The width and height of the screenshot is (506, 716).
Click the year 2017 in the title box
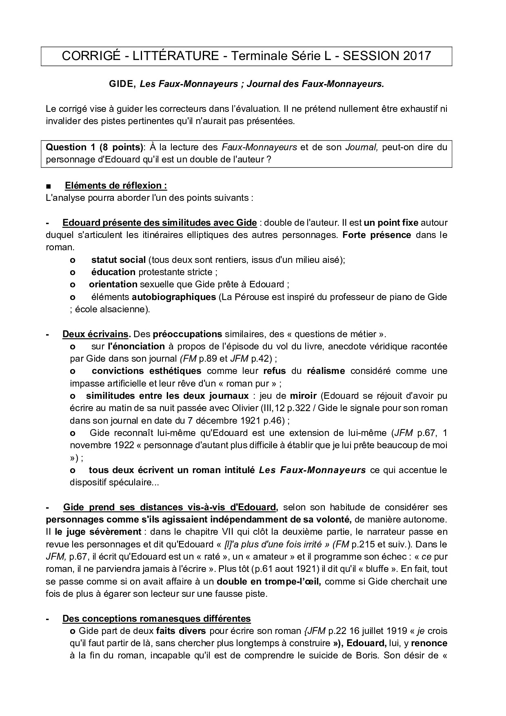[x=417, y=56]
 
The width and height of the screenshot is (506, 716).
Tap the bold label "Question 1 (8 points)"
[x=95, y=147]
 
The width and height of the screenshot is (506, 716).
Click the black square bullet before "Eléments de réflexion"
[x=49, y=186]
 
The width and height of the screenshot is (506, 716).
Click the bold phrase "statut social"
[x=118, y=260]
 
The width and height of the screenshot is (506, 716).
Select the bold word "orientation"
[x=113, y=284]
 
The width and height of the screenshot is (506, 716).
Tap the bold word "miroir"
[x=303, y=396]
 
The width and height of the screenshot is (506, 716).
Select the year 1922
[x=122, y=445]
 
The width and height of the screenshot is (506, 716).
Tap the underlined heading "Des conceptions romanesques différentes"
[x=156, y=618]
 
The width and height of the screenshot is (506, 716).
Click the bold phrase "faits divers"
[x=181, y=631]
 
